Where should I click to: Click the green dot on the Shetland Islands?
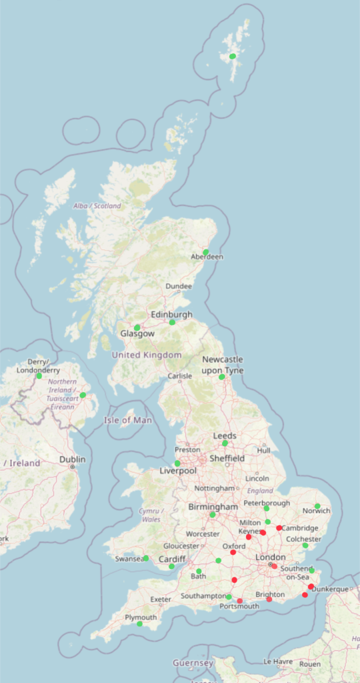tap(233, 56)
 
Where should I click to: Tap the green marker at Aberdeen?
tap(206, 251)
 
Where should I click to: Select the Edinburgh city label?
tap(171, 314)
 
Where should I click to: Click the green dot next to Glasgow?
tap(137, 327)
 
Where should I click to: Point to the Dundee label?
tap(179, 286)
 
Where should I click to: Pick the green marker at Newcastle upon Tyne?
tap(222, 377)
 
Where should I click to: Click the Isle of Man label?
tap(128, 420)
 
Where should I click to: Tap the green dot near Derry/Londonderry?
tap(39, 376)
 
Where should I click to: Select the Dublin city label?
tap(72, 460)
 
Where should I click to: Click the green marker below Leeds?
tap(225, 443)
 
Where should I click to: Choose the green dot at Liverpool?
tap(177, 464)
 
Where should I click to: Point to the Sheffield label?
tap(227, 458)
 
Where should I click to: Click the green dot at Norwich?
tap(317, 506)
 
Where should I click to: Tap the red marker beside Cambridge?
tap(279, 528)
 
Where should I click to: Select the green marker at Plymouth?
tap(140, 624)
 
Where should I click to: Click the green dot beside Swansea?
tap(146, 558)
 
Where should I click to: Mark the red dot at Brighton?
tap(269, 600)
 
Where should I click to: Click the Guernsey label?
tap(193, 663)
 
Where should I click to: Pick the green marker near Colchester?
tap(305, 546)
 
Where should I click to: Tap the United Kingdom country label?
tap(146, 355)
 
